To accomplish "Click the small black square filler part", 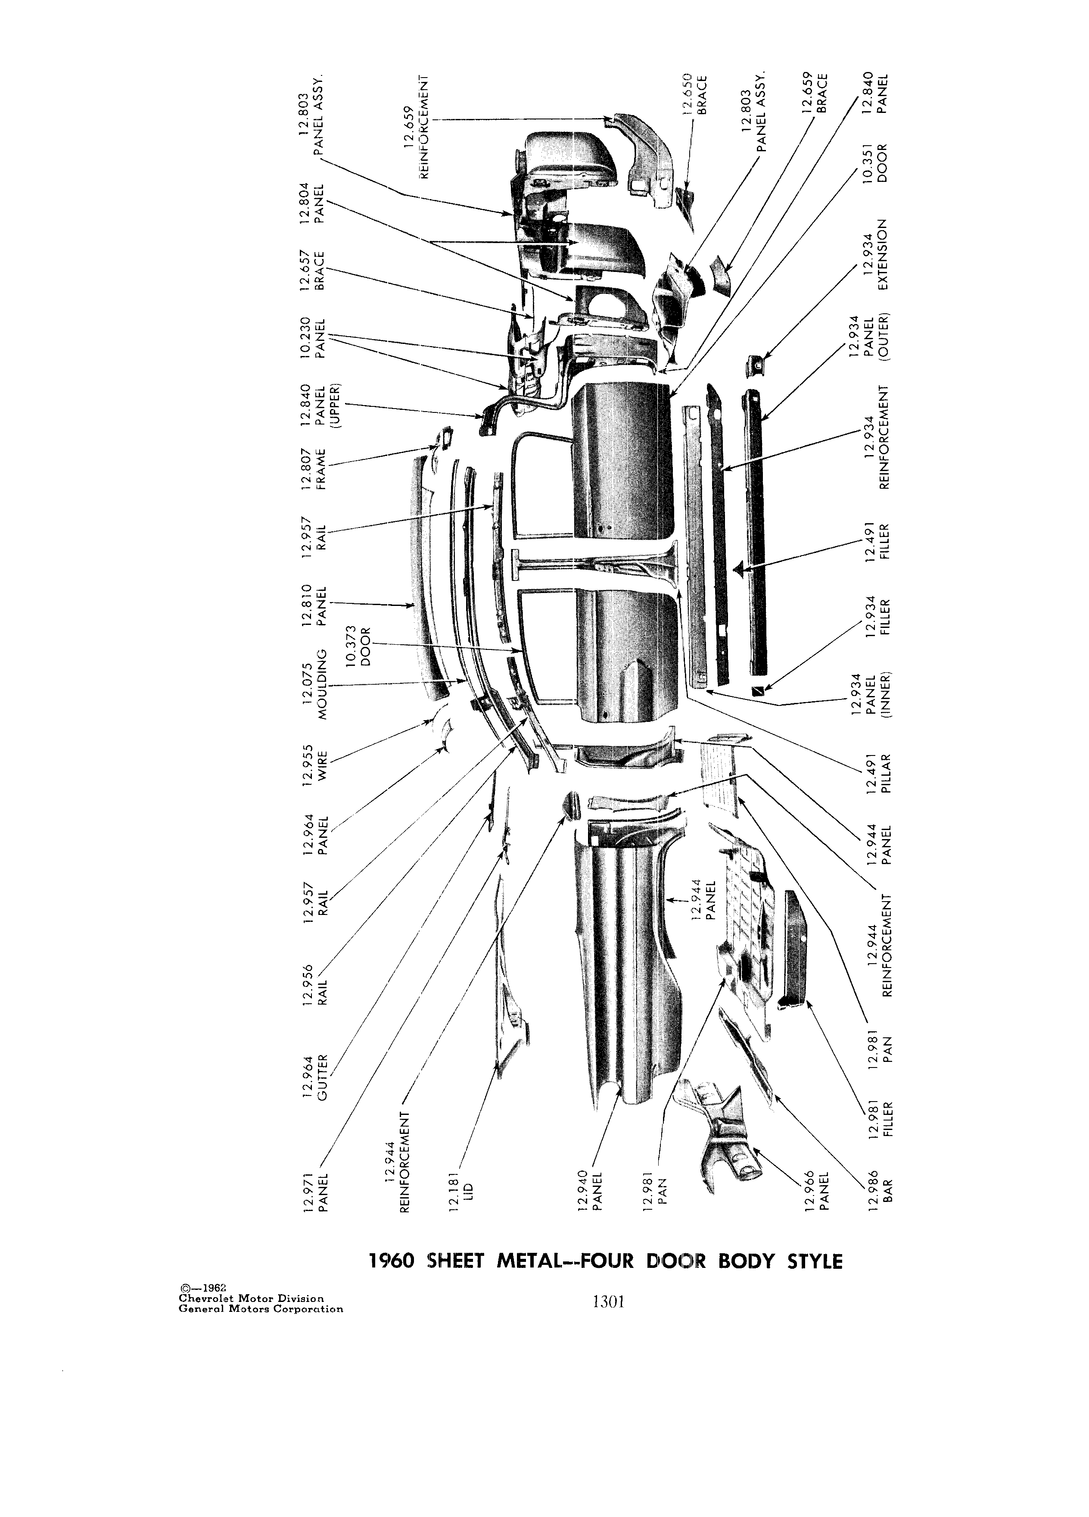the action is click(757, 690).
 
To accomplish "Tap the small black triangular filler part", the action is click(738, 569).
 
